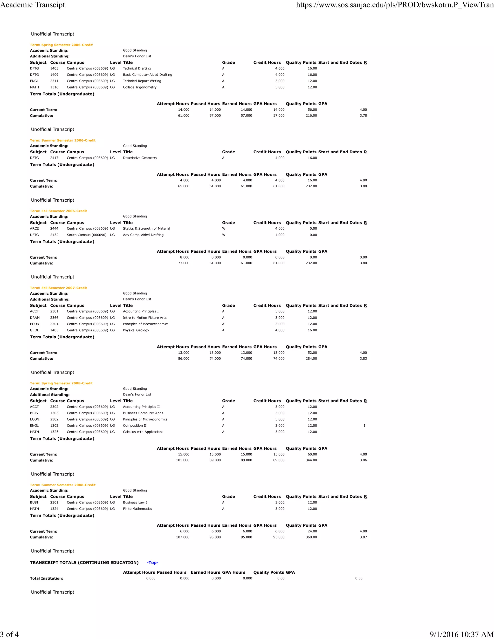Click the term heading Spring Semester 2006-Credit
point(61,45)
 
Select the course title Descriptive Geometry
point(140,158)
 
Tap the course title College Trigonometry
point(140,87)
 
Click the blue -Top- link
point(152,563)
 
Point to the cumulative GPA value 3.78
point(363,116)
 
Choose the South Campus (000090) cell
point(87,235)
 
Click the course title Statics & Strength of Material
point(146,229)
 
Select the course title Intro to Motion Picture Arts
point(144,318)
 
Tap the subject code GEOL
point(34,330)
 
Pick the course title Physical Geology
point(136,330)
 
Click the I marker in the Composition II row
point(364,426)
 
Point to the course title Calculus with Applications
point(143,432)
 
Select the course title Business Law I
point(135,503)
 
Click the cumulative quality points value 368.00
point(311,537)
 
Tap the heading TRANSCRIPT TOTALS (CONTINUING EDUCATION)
point(84,563)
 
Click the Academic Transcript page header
point(33,5)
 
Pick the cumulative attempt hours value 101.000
point(183,460)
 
